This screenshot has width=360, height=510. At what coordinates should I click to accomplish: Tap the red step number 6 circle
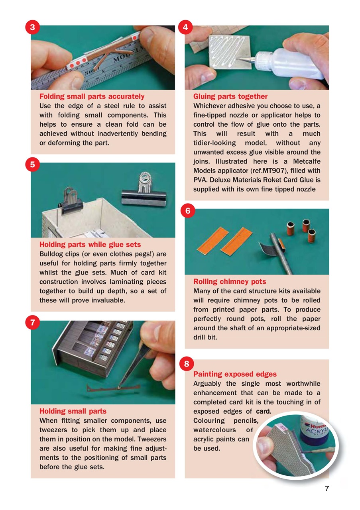point(187,211)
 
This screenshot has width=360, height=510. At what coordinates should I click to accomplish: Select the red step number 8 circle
point(187,363)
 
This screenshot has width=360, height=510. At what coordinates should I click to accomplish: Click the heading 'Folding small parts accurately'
point(92,96)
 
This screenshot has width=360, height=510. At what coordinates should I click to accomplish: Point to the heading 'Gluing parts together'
point(230,96)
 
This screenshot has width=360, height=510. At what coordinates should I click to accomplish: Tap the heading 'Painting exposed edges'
point(235,374)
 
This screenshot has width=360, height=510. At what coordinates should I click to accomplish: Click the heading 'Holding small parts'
point(73,411)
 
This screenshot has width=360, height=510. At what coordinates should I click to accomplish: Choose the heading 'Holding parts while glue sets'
point(90,244)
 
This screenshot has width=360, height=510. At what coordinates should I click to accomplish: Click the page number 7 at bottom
point(327,489)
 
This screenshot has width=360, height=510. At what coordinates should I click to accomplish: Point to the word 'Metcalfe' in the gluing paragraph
point(306,161)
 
